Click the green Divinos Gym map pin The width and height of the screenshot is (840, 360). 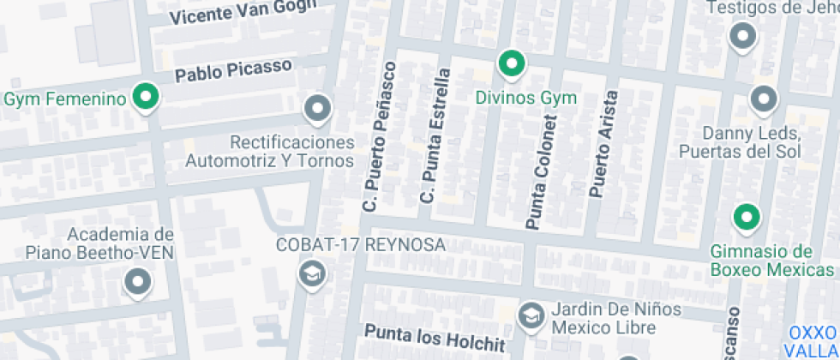coord(512,63)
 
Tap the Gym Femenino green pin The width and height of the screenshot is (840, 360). coord(147,98)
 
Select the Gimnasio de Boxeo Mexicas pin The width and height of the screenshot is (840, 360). coord(747,217)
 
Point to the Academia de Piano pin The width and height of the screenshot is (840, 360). coord(136,282)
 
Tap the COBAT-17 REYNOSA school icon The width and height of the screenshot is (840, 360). coord(310,274)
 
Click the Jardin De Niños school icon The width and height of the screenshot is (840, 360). coord(531,315)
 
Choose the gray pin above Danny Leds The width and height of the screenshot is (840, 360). coord(762,99)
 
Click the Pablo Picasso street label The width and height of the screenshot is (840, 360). coord(233,70)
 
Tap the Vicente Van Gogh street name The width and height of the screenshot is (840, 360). coord(243,12)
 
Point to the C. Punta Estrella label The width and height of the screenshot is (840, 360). coord(434,137)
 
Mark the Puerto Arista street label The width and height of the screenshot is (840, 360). coord(602,144)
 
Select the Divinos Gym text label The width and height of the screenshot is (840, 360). coord(525,97)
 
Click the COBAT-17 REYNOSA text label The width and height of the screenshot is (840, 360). coord(360,245)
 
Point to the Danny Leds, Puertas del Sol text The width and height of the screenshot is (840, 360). coord(739,143)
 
